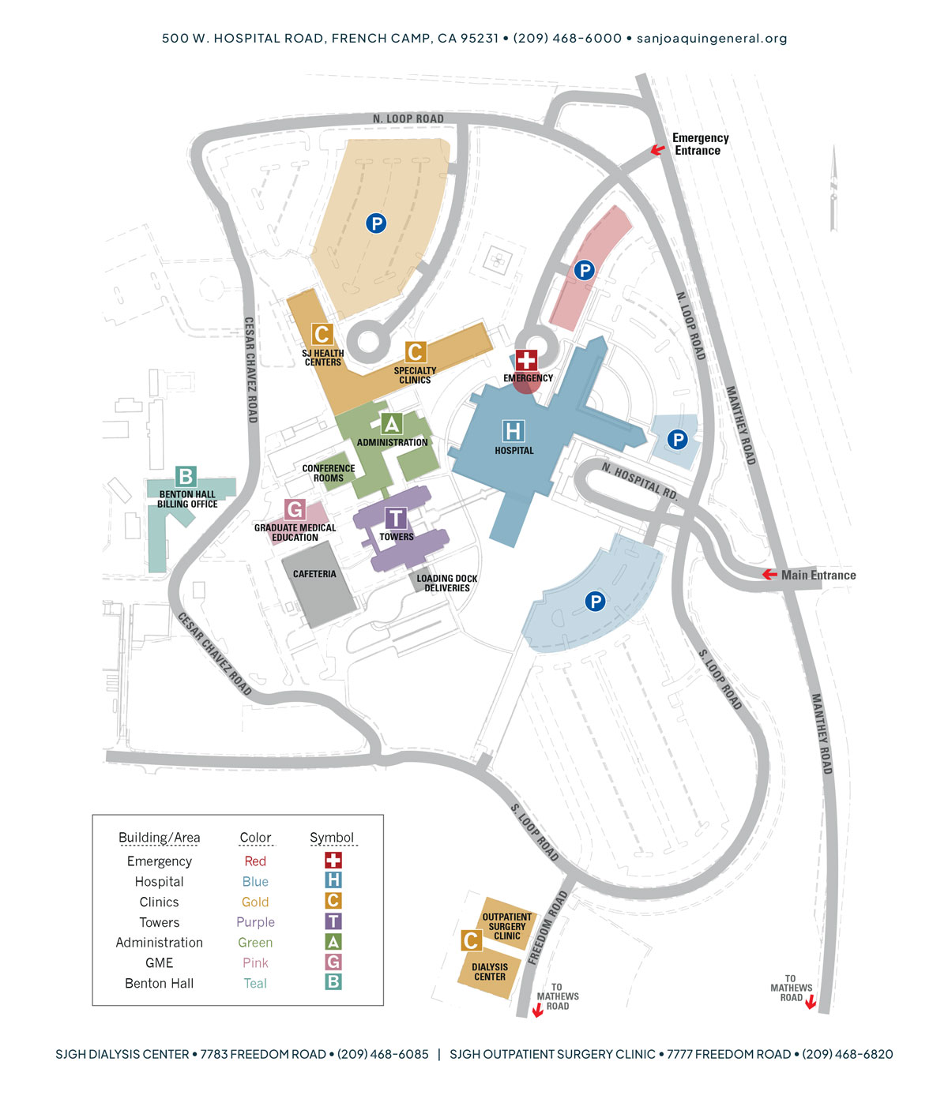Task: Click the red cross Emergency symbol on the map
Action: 526,361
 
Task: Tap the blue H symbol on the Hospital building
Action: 513,431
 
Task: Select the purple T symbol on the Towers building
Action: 396,518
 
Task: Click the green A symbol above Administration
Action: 391,424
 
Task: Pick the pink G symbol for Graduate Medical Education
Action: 295,509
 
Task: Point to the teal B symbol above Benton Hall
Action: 186,476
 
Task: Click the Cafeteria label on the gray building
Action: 314,574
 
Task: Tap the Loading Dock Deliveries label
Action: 447,583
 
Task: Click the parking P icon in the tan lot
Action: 376,223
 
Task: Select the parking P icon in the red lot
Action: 584,271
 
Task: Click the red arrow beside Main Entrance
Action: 769,575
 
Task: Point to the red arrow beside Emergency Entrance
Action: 657,149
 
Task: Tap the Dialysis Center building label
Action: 490,972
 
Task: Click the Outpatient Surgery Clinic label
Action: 507,927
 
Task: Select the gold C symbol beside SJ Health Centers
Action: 322,334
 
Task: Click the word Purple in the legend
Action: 255,922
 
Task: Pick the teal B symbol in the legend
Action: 333,982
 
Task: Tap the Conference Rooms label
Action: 329,473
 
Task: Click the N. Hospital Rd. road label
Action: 639,481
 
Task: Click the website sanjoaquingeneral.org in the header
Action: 711,38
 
